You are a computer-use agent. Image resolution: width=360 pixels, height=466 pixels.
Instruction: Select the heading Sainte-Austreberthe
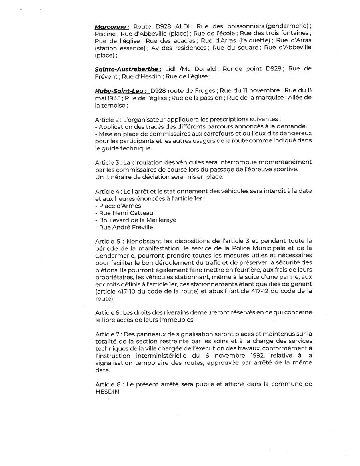pyautogui.click(x=128, y=69)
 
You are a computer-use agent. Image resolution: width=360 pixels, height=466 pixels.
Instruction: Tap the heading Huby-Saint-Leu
pyautogui.click(x=120, y=91)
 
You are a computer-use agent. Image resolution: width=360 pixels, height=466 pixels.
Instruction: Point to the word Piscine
pyautogui.click(x=105, y=34)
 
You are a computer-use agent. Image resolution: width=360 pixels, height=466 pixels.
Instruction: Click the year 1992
pyautogui.click(x=255, y=356)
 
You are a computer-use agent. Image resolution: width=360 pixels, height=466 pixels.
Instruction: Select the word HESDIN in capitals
pyautogui.click(x=107, y=392)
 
